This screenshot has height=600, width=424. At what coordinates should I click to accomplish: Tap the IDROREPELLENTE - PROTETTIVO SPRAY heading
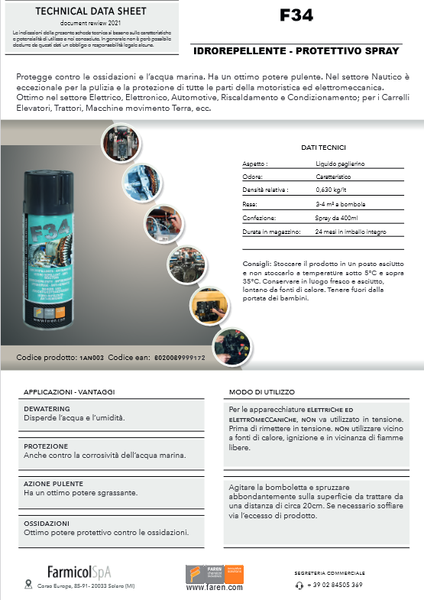tap(298, 51)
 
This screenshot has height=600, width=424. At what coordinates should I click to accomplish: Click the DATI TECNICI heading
tap(323, 148)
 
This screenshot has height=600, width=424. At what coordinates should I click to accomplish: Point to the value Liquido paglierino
tap(341, 164)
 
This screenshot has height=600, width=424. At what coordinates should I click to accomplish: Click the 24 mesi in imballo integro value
tap(351, 232)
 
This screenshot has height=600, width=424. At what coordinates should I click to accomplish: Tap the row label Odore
tap(253, 177)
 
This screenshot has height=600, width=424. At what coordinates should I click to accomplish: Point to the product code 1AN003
tap(92, 358)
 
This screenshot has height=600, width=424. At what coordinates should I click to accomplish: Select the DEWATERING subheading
tap(47, 409)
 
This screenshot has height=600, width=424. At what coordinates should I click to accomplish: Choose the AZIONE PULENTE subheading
tap(53, 484)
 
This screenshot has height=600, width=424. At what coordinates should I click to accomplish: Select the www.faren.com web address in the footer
tap(214, 588)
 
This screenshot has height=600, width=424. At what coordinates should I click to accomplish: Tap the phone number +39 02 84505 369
tap(335, 585)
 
